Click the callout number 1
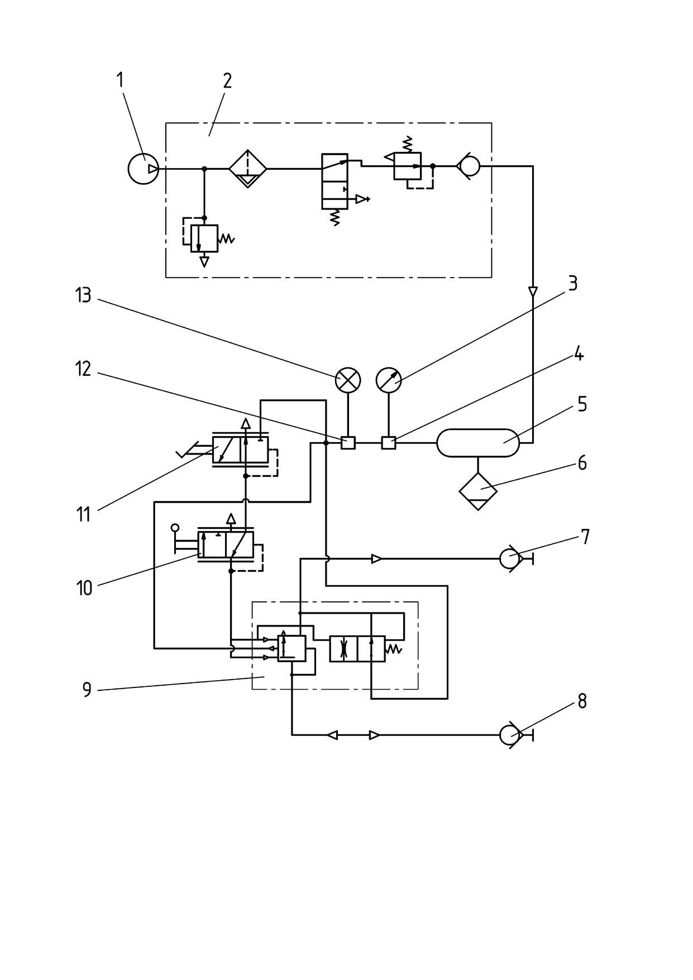point(120,80)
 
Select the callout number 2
point(227,81)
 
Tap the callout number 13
point(83,295)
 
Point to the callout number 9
point(87,690)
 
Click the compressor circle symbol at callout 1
point(144,169)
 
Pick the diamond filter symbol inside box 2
point(247,169)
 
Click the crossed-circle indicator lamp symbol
point(348,380)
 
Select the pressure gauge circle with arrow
point(389,380)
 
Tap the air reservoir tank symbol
point(478,443)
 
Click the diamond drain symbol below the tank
point(478,491)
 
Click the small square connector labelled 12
point(348,443)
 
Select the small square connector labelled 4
point(389,443)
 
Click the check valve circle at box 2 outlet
point(468,166)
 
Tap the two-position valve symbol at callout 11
point(240,450)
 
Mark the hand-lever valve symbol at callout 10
point(226,545)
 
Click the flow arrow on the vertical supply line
point(533,292)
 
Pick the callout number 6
point(582,463)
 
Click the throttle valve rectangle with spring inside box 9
point(357,649)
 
